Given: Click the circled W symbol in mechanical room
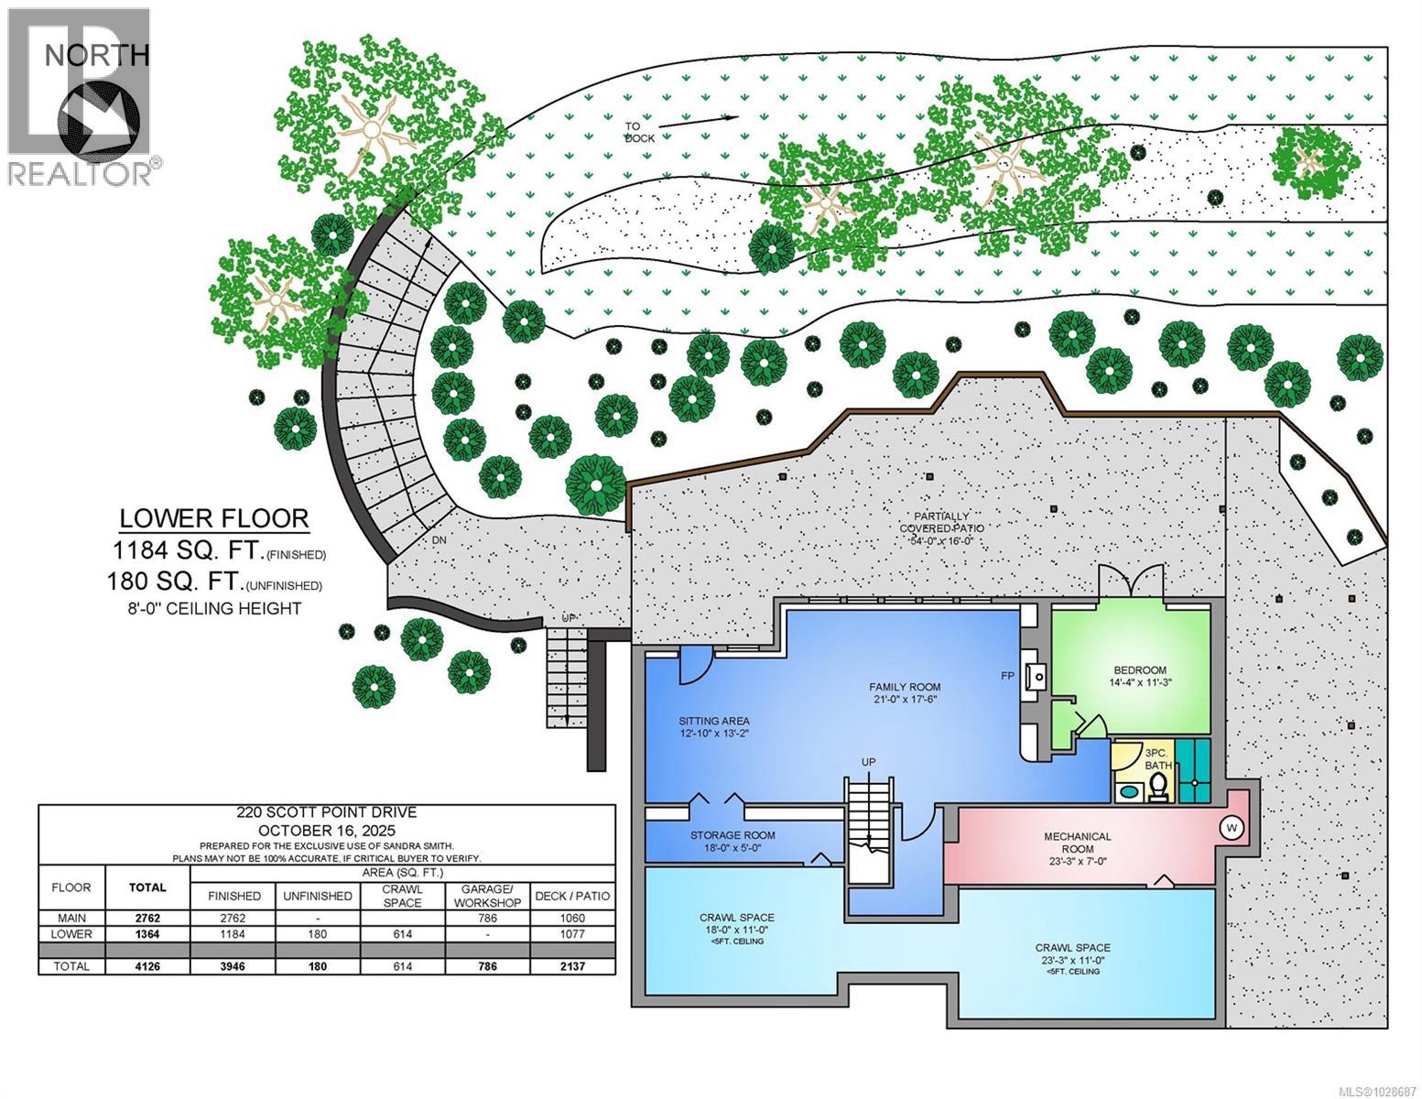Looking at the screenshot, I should pos(1231,827).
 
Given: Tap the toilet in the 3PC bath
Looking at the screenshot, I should pos(1159,787).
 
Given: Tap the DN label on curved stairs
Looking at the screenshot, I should pos(440,540).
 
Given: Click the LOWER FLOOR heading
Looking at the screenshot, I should pos(214,518).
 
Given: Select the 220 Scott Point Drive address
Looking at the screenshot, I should pos(326,812).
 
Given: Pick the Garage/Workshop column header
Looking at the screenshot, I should pos(487,896).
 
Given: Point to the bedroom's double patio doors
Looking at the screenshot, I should pos(1131,583).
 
